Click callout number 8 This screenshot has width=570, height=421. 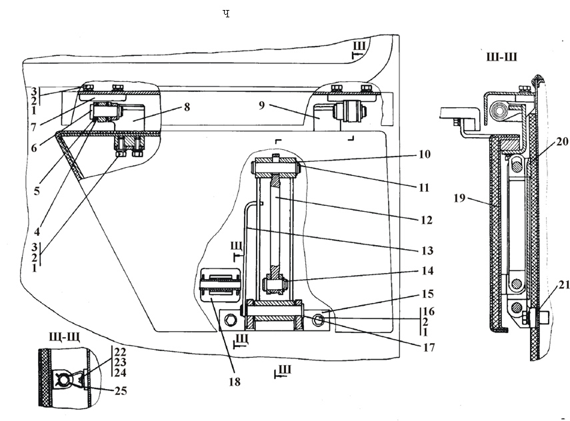[x=187, y=107]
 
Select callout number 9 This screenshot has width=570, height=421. [x=262, y=106]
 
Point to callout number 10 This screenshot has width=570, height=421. [x=424, y=154]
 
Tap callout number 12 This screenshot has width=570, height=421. [x=427, y=220]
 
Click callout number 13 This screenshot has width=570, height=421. [x=427, y=250]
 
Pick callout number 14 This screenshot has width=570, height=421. [x=427, y=271]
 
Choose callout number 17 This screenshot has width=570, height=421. [x=429, y=348]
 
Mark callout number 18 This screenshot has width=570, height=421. [x=235, y=382]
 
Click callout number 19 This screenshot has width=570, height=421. [x=459, y=198]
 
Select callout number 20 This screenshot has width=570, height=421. [x=562, y=141]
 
